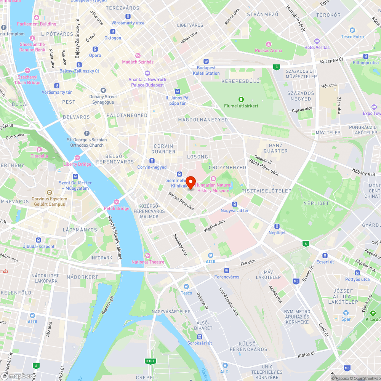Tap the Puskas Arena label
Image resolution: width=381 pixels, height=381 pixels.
pyautogui.click(x=269, y=50)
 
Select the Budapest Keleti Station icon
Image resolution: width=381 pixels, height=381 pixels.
pyautogui.click(x=206, y=61)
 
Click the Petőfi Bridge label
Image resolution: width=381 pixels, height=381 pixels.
pyautogui.click(x=117, y=208)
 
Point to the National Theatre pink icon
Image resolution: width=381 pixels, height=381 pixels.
pyautogui.click(x=148, y=255)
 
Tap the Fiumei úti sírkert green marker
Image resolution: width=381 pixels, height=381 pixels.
pyautogui.click(x=241, y=99)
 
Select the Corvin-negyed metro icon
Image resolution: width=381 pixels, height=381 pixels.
pyautogui.click(x=152, y=161)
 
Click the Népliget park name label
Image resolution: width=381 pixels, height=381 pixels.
pyautogui.click(x=316, y=203)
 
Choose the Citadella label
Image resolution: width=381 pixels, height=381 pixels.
pyautogui.click(x=40, y=156)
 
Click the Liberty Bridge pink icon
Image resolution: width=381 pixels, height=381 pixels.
pyautogui.click(x=77, y=158)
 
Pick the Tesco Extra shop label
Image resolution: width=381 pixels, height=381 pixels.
pyautogui.click(x=352, y=37)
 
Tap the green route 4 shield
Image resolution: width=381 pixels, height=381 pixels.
pyautogui.click(x=305, y=243)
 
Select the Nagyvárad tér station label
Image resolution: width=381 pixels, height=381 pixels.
pyautogui.click(x=235, y=211)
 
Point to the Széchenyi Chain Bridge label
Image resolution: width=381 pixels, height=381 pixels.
pyautogui.click(x=27, y=80)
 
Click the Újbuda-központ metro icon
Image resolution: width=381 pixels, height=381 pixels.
pyautogui.click(x=38, y=240)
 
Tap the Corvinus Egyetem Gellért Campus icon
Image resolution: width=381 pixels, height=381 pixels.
pyautogui.click(x=49, y=193)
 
